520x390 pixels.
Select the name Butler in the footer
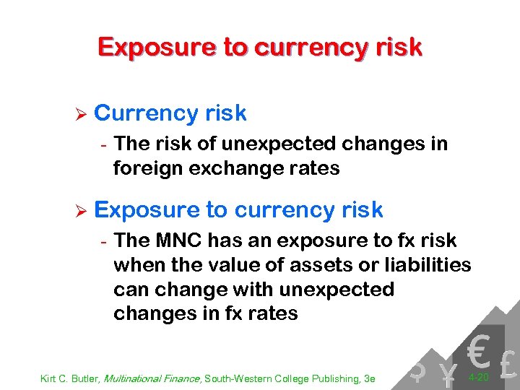pyautogui.click(x=84, y=378)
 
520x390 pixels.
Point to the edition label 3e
pyautogui.click(x=369, y=378)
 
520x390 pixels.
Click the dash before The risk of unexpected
pyautogui.click(x=104, y=144)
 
